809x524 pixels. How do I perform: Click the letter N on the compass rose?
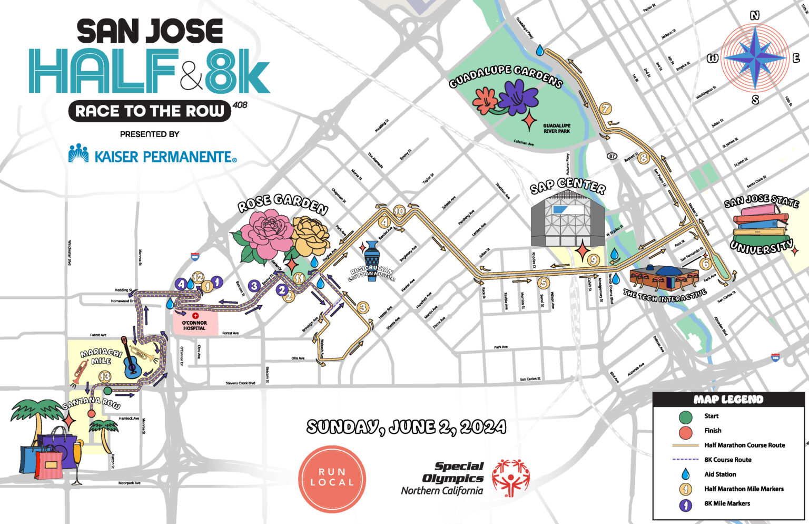tap(755, 16)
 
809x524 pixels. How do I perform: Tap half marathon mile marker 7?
tap(606, 109)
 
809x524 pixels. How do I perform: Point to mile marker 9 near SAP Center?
tap(593, 259)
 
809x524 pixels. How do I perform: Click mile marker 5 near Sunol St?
tap(544, 283)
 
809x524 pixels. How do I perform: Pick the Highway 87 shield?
tap(611, 156)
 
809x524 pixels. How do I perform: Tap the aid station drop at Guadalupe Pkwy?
tap(540, 51)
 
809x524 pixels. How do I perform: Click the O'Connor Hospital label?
tap(194, 325)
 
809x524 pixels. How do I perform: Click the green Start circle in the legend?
tap(685, 416)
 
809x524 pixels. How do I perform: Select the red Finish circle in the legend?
tap(685, 431)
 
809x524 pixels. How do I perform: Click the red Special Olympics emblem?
tap(510, 478)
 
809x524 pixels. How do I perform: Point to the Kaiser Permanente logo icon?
tap(78, 153)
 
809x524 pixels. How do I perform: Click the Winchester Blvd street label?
tap(70, 253)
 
